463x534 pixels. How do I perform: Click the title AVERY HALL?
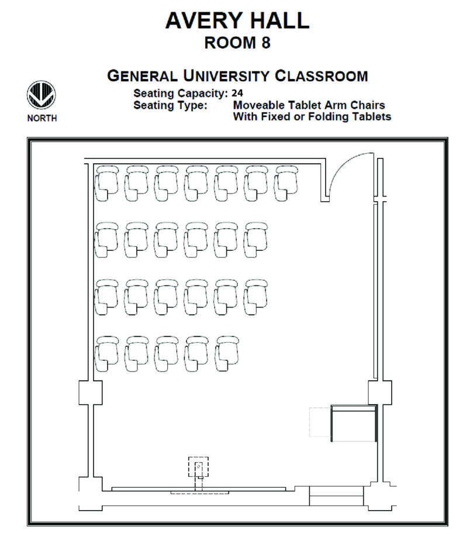click(x=237, y=20)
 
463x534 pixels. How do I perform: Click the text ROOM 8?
click(x=237, y=43)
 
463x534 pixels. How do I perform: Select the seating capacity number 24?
click(x=237, y=92)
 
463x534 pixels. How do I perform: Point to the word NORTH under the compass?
click(x=42, y=118)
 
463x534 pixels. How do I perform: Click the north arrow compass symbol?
click(x=42, y=95)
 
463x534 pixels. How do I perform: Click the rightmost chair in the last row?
click(x=227, y=353)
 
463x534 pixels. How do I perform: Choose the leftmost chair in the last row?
click(x=108, y=353)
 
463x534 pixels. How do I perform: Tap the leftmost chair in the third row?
click(x=108, y=296)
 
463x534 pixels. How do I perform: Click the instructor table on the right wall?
click(x=353, y=422)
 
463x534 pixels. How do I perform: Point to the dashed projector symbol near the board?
click(x=198, y=468)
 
